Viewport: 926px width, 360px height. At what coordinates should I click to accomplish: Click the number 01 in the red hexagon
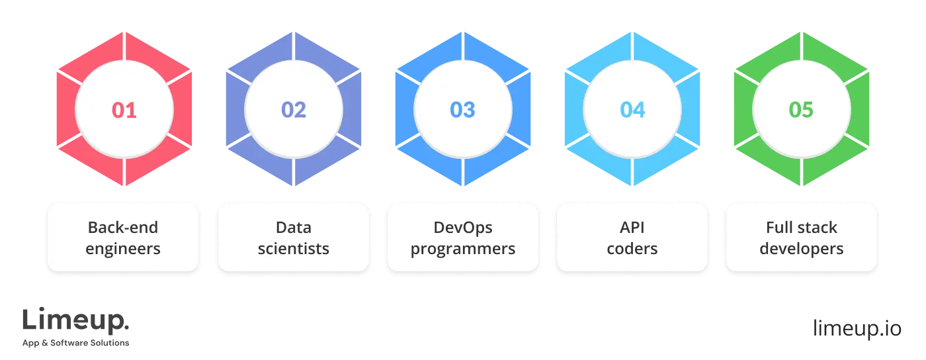tap(124, 110)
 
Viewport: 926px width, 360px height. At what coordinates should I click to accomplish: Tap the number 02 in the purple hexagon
tap(294, 110)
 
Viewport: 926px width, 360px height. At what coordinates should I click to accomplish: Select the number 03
tap(462, 110)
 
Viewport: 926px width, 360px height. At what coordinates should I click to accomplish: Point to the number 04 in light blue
tap(632, 110)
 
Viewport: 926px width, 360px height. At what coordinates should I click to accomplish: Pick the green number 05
tap(801, 110)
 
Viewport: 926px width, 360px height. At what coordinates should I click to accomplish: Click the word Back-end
tap(123, 228)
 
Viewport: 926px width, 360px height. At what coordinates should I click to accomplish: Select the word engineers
tap(123, 249)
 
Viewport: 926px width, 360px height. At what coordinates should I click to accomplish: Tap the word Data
tap(293, 228)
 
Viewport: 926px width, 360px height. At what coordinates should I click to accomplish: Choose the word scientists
tap(293, 249)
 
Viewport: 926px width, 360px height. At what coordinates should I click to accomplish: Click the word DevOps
tap(463, 228)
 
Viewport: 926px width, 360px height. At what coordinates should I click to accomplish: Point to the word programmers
tap(463, 249)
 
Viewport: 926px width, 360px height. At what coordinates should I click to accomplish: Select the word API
tap(632, 228)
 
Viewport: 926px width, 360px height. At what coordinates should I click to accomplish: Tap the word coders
tap(632, 249)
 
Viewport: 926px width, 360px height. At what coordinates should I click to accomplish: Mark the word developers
tap(802, 249)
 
